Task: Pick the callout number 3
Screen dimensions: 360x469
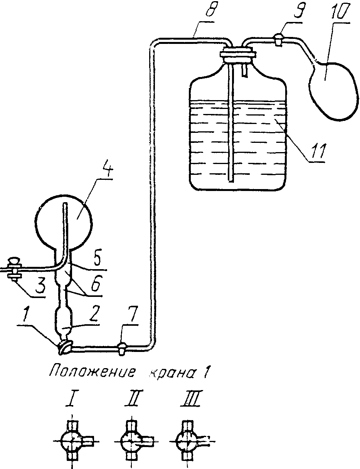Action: click(x=40, y=285)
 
